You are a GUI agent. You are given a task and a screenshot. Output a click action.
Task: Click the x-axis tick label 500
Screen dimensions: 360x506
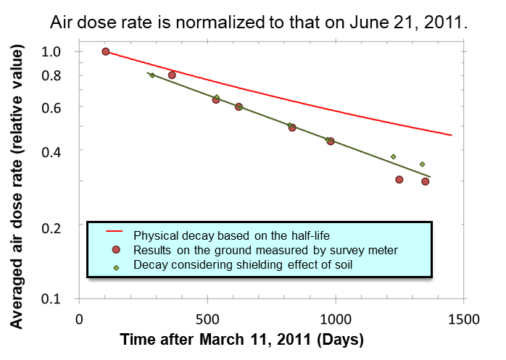pos(207,318)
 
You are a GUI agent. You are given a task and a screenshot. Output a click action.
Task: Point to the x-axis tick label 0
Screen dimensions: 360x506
pos(80,318)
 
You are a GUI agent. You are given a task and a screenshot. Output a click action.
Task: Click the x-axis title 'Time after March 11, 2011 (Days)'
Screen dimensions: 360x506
pos(241,339)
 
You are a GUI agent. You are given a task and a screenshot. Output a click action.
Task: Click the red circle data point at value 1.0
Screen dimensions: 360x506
pos(106,51)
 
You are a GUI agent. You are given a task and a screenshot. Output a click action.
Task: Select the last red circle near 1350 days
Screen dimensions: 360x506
pos(426,181)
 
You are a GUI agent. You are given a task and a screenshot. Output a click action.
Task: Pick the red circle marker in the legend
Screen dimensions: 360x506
pos(115,250)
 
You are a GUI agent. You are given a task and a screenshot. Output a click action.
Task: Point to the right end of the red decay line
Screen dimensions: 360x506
pos(451,135)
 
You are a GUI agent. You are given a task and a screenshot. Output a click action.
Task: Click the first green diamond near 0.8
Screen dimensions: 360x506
pos(152,75)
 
